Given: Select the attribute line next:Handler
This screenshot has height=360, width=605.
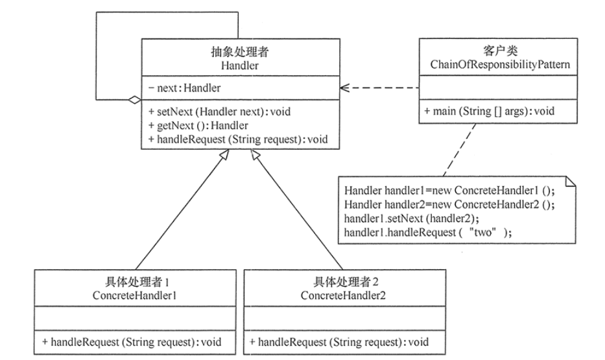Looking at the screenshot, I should tap(188, 87).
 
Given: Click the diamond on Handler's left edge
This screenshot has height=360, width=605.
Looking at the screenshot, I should tap(134, 100).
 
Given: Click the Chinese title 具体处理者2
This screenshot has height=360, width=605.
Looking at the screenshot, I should tap(340, 283).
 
